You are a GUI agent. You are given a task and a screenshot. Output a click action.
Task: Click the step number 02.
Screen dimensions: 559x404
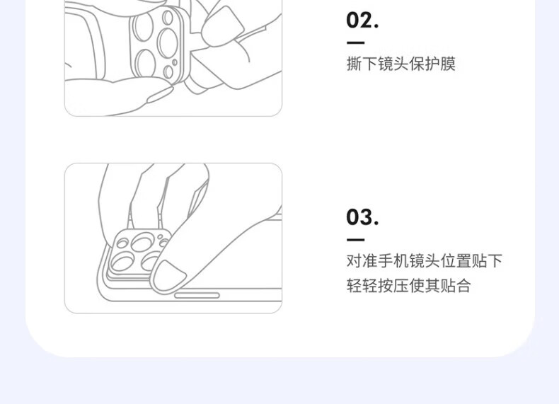click(x=362, y=21)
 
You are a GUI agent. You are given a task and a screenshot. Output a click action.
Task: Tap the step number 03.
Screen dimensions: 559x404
click(x=362, y=217)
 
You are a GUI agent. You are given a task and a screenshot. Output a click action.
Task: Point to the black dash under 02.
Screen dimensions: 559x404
click(x=355, y=42)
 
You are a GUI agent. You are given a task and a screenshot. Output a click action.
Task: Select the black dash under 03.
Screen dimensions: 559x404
click(x=355, y=240)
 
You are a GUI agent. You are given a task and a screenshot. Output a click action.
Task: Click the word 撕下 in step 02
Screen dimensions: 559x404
click(x=362, y=64)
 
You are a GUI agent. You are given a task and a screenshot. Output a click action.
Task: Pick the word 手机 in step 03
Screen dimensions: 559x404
click(x=393, y=260)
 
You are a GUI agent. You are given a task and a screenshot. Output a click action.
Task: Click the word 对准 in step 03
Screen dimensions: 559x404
click(x=362, y=260)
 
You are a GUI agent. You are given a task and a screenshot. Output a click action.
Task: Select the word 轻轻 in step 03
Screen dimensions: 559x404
click(x=362, y=285)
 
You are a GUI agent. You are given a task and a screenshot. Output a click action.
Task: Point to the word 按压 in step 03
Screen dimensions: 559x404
click(x=393, y=285)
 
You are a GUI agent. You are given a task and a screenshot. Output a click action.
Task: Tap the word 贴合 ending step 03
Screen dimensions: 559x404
click(x=456, y=285)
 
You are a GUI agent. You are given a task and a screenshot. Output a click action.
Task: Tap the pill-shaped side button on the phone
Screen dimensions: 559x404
click(x=197, y=295)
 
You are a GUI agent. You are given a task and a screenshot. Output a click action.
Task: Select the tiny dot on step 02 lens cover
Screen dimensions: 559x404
click(x=175, y=62)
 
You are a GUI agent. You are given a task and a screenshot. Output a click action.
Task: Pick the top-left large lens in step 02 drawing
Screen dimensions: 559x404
click(x=143, y=26)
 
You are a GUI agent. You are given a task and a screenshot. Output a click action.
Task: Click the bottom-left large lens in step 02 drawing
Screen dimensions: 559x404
click(x=146, y=63)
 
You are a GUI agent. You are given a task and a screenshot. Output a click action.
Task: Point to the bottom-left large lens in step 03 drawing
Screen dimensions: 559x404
click(x=122, y=262)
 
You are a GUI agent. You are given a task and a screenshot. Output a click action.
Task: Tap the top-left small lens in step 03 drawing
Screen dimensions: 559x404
click(x=122, y=243)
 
